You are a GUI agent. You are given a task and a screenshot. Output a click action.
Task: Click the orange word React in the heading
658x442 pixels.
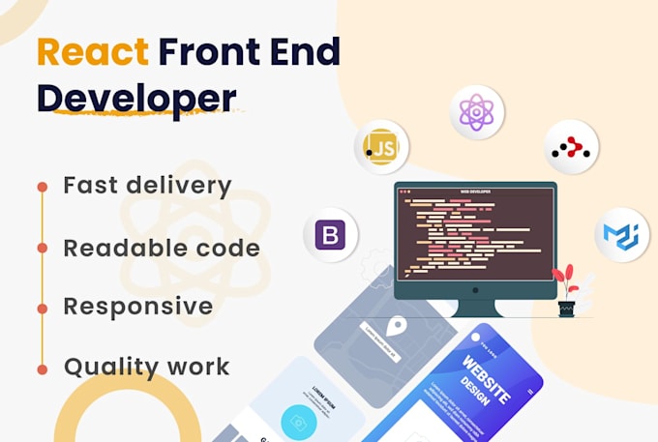(x=93, y=52)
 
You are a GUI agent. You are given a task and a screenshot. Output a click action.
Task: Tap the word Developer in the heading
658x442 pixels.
(x=135, y=98)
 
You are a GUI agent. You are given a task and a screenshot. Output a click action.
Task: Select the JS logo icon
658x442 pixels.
(x=380, y=147)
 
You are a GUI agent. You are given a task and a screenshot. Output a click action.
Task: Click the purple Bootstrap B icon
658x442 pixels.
(x=331, y=235)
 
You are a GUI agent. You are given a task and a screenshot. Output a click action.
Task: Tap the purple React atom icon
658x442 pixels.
(x=477, y=113)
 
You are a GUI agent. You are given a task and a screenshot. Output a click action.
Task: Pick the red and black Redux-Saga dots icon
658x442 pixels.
(x=571, y=147)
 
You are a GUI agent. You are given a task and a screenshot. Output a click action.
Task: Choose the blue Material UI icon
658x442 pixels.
(x=620, y=235)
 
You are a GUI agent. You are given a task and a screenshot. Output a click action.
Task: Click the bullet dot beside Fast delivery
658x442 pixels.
(x=43, y=186)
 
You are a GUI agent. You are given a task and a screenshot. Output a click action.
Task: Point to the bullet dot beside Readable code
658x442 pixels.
(x=43, y=248)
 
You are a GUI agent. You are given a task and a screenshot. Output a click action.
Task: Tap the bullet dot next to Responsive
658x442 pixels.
(x=43, y=308)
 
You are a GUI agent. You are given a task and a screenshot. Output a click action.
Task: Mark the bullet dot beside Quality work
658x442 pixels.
(x=43, y=368)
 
